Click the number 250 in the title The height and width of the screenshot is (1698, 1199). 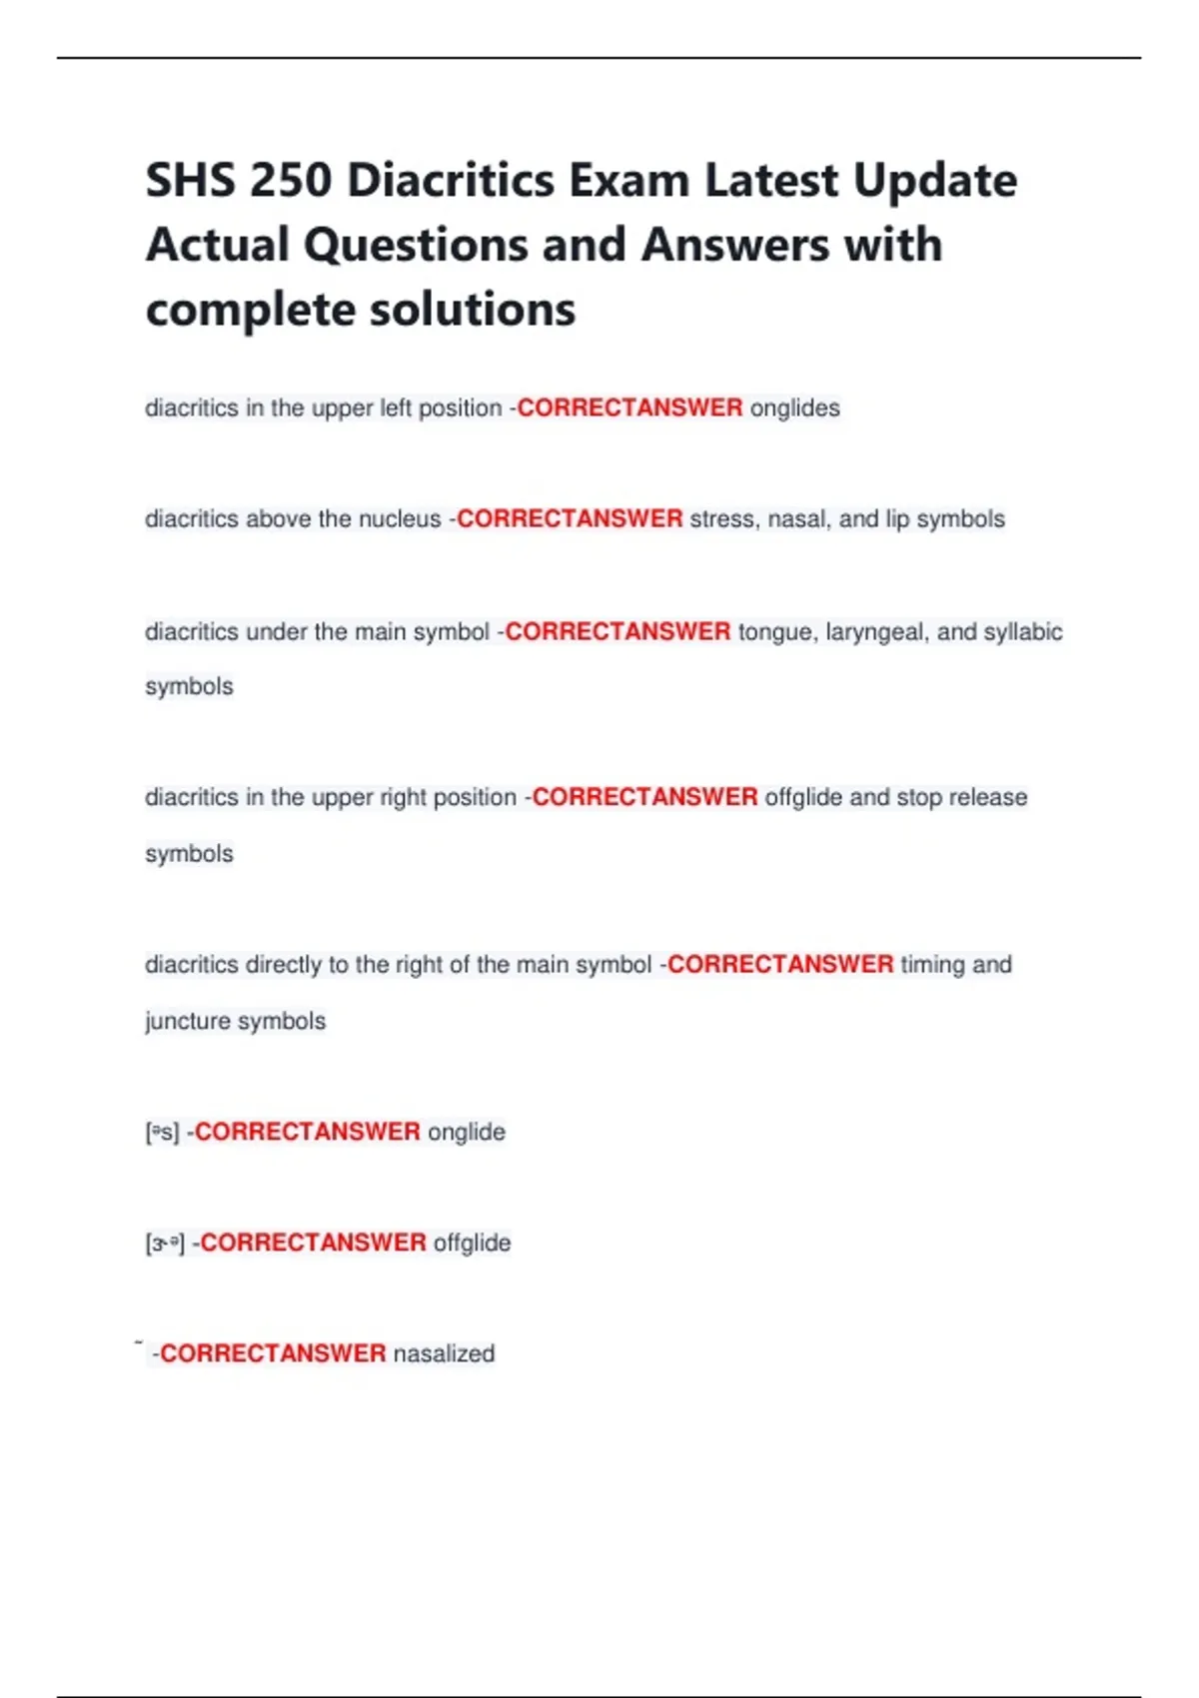click(290, 181)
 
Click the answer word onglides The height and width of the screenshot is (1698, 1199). click(794, 408)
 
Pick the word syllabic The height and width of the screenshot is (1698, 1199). click(1023, 631)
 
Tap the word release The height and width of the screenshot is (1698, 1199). click(988, 797)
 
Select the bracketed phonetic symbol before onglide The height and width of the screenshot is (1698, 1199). click(162, 1132)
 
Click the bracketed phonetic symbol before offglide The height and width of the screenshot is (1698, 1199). click(165, 1244)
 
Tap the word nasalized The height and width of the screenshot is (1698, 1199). click(444, 1353)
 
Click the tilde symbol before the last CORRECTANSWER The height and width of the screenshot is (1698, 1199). click(139, 1343)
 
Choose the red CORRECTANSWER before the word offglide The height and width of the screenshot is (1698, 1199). click(314, 1243)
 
